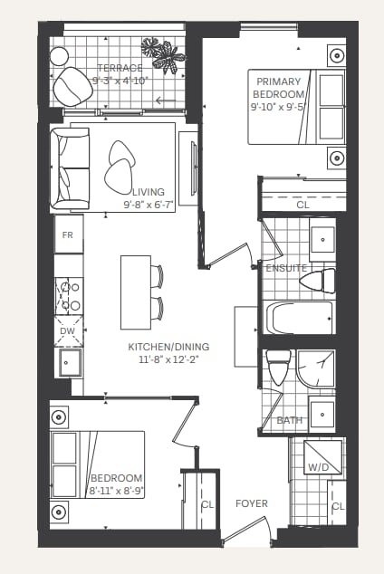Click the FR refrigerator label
click(68, 235)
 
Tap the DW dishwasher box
click(69, 331)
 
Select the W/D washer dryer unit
click(322, 457)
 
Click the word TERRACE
click(120, 68)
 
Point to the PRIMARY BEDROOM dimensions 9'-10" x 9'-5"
click(278, 107)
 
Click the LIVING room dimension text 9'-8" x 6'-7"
click(149, 205)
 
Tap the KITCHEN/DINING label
click(168, 347)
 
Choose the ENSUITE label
click(286, 268)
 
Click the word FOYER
click(252, 503)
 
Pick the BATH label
click(290, 420)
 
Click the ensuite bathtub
click(299, 317)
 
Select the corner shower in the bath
click(316, 369)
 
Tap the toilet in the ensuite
click(318, 282)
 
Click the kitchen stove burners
click(69, 296)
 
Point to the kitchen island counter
click(136, 292)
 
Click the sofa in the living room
click(70, 168)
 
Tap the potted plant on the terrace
click(163, 55)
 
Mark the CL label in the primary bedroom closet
click(302, 205)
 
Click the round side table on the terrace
click(59, 56)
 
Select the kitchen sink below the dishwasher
click(69, 363)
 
